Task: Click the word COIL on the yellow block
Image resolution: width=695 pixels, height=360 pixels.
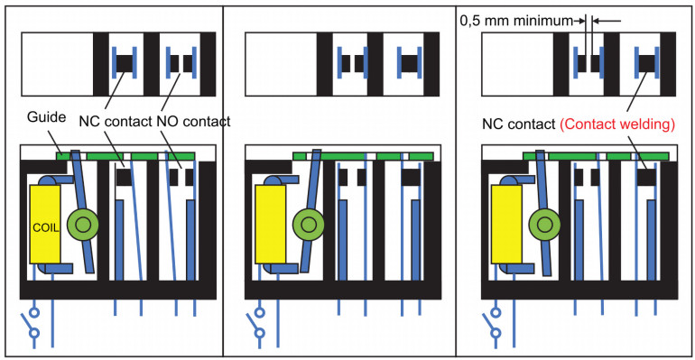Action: (46, 228)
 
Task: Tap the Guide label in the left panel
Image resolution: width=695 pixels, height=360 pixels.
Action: (47, 117)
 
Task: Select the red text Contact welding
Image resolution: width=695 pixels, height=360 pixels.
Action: (617, 125)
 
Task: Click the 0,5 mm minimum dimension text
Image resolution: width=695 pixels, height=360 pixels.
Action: (516, 21)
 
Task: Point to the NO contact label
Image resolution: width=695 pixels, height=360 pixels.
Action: (194, 121)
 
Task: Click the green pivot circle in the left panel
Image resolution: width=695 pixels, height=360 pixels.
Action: (82, 225)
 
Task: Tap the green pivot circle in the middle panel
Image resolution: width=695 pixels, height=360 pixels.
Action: (309, 225)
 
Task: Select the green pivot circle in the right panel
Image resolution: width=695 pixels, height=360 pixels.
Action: (545, 225)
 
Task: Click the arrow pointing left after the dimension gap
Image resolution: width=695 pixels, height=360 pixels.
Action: (607, 21)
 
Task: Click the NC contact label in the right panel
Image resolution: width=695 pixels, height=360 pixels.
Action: (519, 125)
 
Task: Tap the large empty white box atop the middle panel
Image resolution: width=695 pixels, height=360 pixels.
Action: (281, 64)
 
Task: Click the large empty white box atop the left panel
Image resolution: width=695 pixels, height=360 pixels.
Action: (58, 64)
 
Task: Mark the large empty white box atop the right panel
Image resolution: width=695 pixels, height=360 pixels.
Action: (517, 64)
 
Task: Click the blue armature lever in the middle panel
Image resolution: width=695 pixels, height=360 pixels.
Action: (310, 210)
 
